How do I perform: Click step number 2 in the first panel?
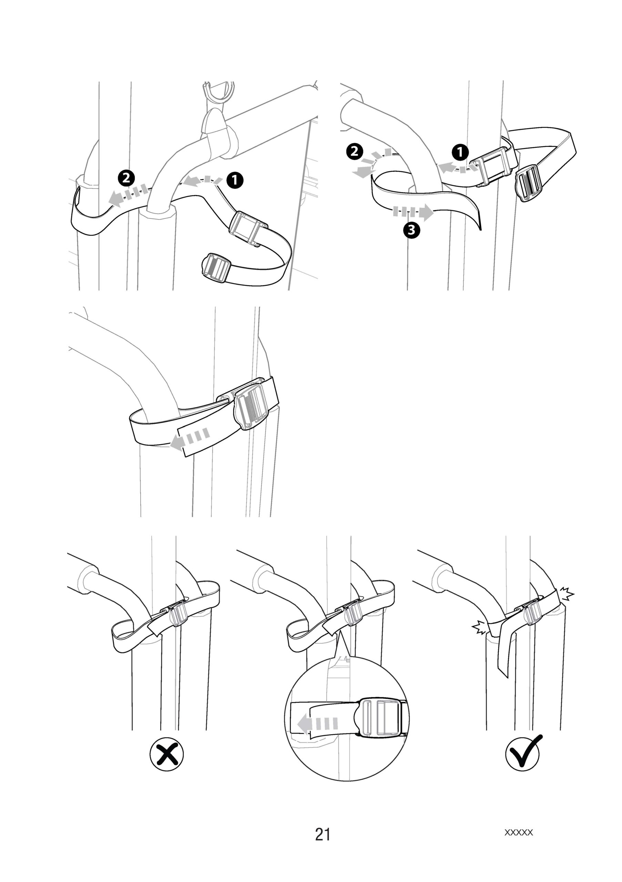126,178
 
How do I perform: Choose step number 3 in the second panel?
411,230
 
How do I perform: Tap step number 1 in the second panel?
460,152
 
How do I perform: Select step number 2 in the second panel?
354,151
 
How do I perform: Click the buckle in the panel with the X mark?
176,614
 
